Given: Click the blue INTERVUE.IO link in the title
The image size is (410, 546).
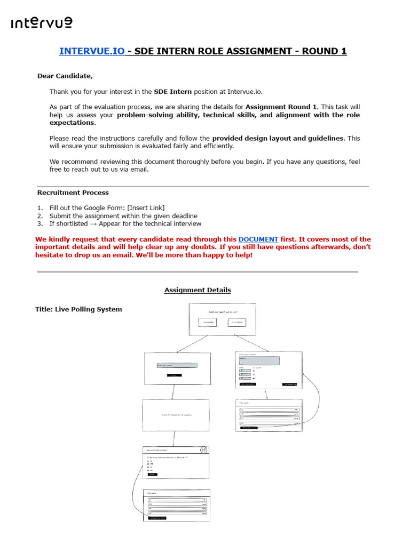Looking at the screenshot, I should point(92,51).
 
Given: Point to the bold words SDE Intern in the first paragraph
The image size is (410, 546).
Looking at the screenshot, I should point(172,92).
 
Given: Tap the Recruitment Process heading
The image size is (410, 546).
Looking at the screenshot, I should point(73,192).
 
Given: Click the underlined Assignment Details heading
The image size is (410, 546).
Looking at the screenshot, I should point(198,290).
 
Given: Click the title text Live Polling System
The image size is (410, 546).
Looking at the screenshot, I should point(78,309).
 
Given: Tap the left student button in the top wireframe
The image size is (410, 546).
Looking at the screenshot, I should point(208,322).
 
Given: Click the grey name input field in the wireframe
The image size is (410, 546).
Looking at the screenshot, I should point(177,365).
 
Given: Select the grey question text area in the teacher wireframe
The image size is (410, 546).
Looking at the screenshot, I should point(259,361).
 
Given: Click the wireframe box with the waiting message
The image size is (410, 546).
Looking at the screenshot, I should point(176,415).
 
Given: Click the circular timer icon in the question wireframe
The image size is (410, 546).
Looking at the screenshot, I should point(203,450).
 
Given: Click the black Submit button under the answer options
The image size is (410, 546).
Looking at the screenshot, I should point(153,474).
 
